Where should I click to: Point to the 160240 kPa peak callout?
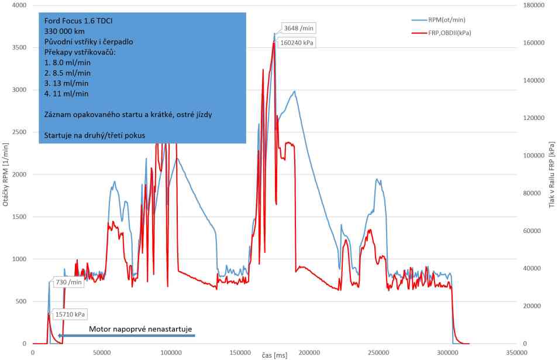[297, 43]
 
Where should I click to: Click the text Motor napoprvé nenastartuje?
[140, 329]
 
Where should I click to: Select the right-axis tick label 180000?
[533, 5]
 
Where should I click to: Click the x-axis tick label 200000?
[309, 354]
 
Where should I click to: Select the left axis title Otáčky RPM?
[6, 176]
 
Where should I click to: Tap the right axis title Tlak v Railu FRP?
[551, 176]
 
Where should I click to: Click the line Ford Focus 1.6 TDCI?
[78, 20]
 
